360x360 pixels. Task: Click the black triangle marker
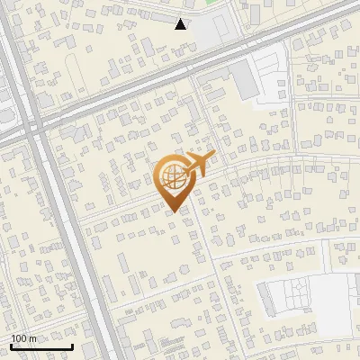(x=181, y=24)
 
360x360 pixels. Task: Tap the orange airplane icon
(x=200, y=165)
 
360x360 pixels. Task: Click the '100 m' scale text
(x=24, y=338)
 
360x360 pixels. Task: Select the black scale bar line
(x=41, y=346)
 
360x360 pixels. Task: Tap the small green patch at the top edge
(x=212, y=3)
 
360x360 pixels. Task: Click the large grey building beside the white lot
(x=245, y=81)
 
